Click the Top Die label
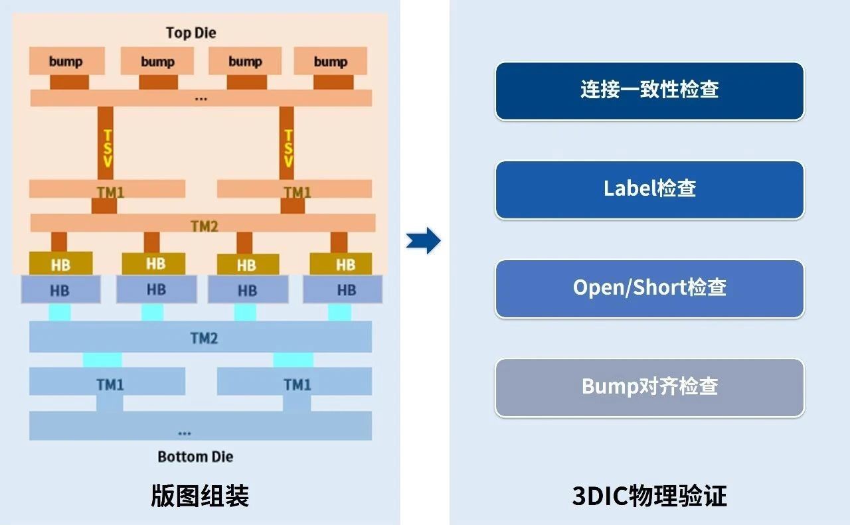(x=191, y=33)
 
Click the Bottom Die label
(x=195, y=457)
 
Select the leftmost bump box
(x=66, y=61)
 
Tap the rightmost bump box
(x=331, y=61)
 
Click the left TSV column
(x=106, y=143)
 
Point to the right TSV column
(x=287, y=143)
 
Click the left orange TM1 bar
(x=108, y=190)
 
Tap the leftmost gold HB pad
(x=60, y=264)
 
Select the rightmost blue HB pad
(x=343, y=290)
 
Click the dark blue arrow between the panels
(x=424, y=240)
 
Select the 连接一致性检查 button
(x=649, y=90)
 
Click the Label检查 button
(x=649, y=189)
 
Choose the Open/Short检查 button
(x=649, y=288)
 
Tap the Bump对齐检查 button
(x=649, y=387)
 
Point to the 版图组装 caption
(x=200, y=496)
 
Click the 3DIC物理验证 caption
(x=649, y=496)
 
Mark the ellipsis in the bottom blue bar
(x=185, y=433)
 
